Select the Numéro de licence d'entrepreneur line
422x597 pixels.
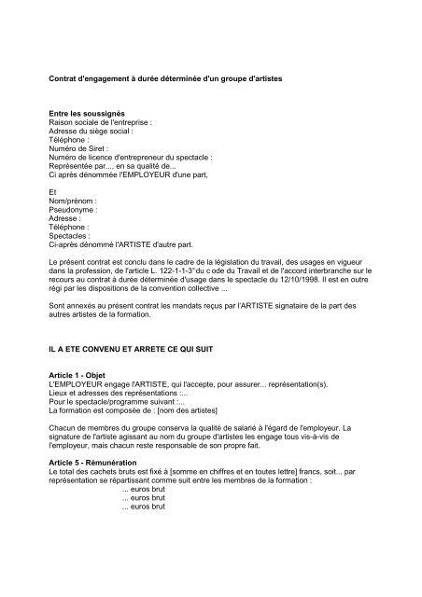tap(131, 158)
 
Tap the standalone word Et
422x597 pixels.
tap(52, 191)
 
